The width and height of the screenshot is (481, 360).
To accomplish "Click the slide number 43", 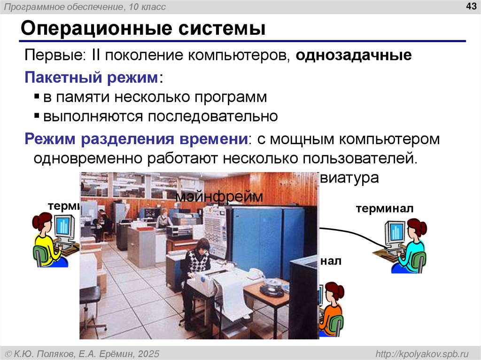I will click(470, 6).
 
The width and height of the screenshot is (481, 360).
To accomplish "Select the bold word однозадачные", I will click(354, 55).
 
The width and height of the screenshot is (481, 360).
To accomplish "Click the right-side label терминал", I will click(384, 208).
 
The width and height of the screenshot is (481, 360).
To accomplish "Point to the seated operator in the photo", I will click(196, 263).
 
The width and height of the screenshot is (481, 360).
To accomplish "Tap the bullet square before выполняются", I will click(37, 116).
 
